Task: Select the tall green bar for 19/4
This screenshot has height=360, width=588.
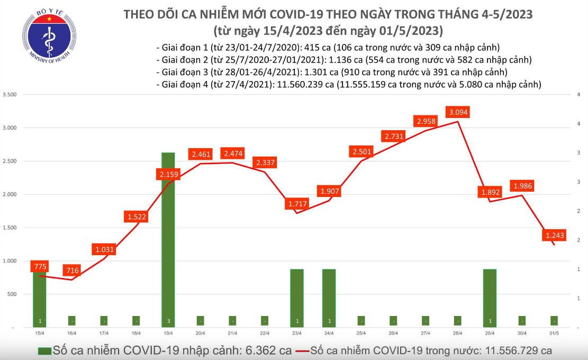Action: click(x=168, y=238)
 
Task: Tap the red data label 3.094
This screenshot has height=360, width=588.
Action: click(x=458, y=112)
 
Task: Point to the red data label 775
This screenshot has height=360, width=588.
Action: click(x=40, y=267)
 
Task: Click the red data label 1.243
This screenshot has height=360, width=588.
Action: click(x=554, y=235)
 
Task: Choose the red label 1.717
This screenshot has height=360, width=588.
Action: click(x=297, y=204)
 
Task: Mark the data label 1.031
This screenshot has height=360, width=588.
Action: click(x=104, y=249)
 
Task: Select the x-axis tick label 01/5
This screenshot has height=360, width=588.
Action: click(x=554, y=333)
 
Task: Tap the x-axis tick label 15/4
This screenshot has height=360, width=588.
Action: click(x=40, y=333)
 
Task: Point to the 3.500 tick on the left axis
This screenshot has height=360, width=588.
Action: click(x=10, y=95)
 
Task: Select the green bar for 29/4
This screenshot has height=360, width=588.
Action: click(x=490, y=298)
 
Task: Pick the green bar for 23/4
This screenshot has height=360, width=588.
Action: click(x=297, y=298)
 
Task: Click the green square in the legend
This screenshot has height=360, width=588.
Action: click(x=44, y=350)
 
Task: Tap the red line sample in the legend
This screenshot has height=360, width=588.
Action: click(x=302, y=350)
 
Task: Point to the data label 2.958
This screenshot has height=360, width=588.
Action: click(x=426, y=122)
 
